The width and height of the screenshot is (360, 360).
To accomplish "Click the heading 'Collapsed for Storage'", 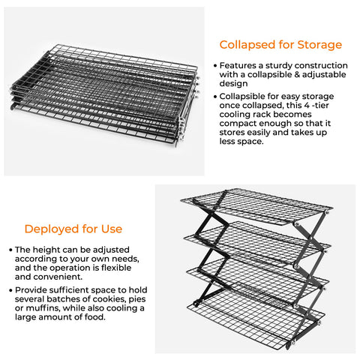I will [x=280, y=44].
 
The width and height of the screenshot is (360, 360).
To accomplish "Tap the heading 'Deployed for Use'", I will [x=73, y=229].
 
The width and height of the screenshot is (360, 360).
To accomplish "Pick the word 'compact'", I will [x=243, y=130].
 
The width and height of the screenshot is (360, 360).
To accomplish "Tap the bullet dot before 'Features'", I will [x=216, y=66].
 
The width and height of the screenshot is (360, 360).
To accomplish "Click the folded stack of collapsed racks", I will [x=105, y=97].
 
